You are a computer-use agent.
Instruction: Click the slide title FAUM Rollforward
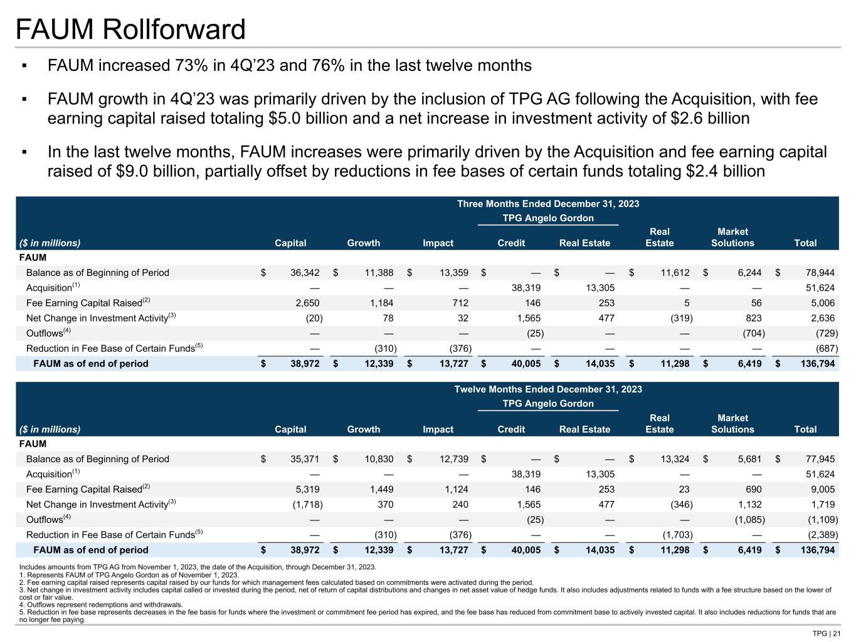130,29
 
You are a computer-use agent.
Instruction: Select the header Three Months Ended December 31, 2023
548,204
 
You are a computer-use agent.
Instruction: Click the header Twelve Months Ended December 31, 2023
548,389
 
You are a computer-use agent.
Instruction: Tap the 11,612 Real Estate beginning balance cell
675,273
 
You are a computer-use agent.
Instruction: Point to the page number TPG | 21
826,633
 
